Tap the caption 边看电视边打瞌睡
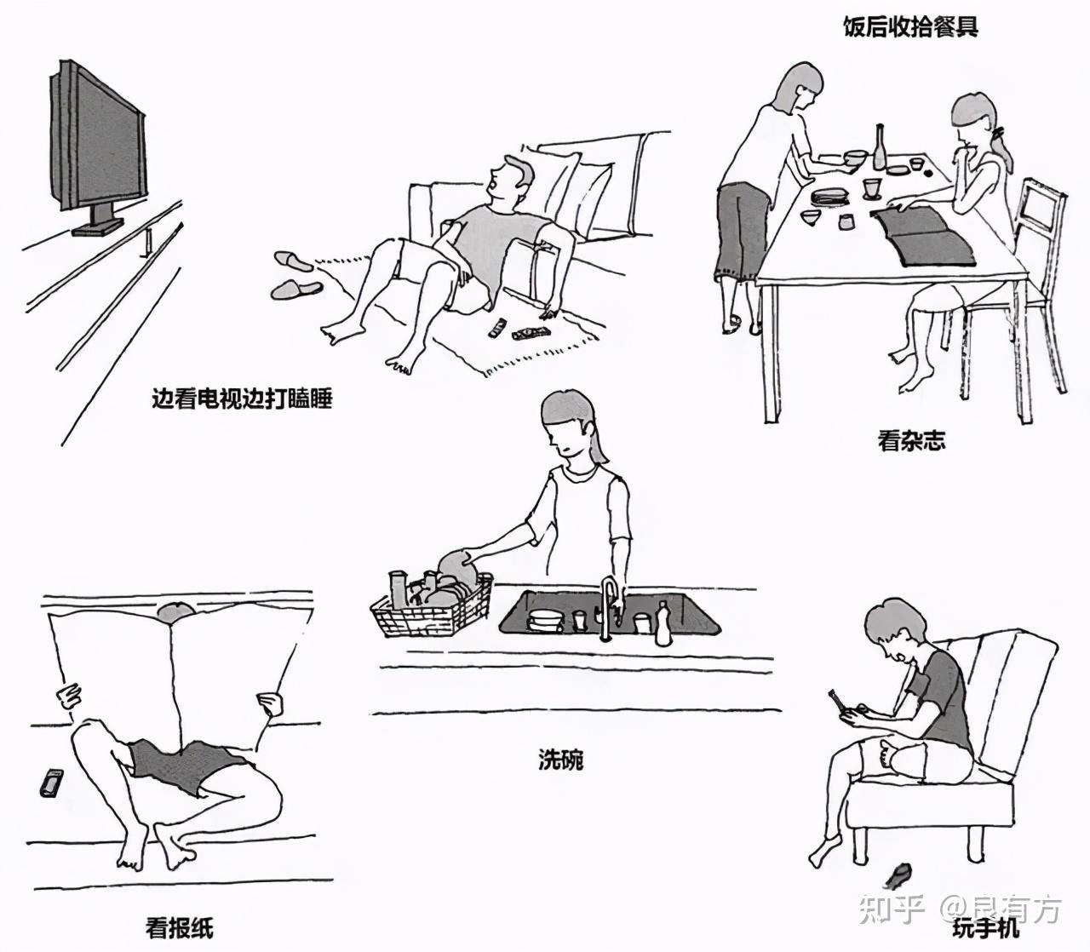coord(241,398)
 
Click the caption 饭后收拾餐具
coord(910,27)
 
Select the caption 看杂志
coord(911,441)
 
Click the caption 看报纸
coord(179,926)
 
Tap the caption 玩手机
coord(986,926)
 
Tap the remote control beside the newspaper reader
coord(51,782)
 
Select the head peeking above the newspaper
coord(175,611)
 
